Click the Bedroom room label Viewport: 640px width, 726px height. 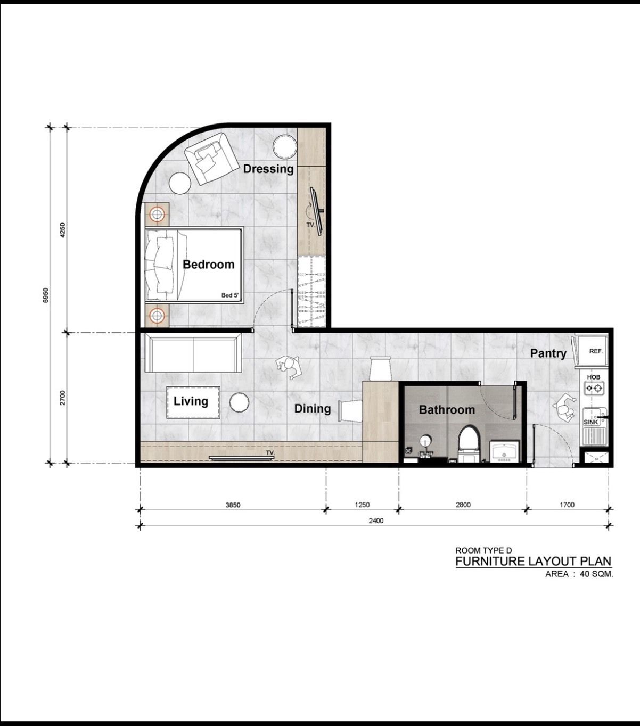click(x=208, y=265)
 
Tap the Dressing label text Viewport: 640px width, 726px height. click(x=268, y=169)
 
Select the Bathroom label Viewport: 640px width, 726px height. click(x=447, y=410)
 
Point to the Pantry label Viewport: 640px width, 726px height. click(x=548, y=353)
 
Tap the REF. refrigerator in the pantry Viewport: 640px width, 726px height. click(x=592, y=351)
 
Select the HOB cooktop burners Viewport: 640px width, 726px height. click(x=594, y=387)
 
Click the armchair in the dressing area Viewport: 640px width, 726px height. click(x=212, y=159)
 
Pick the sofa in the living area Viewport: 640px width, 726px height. click(x=193, y=352)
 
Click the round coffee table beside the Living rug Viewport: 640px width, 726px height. click(x=239, y=402)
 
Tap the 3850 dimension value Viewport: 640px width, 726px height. click(x=233, y=505)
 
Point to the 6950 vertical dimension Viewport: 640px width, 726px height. click(x=45, y=295)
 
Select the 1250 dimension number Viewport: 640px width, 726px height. click(x=362, y=505)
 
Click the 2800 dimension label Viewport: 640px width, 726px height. click(x=463, y=505)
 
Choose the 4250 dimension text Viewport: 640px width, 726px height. click(x=63, y=230)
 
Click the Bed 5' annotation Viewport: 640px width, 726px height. click(x=229, y=295)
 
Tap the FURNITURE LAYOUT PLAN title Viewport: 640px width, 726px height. click(x=533, y=561)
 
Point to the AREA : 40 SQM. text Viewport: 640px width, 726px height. click(x=579, y=574)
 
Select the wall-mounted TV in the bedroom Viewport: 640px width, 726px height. click(x=316, y=211)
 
